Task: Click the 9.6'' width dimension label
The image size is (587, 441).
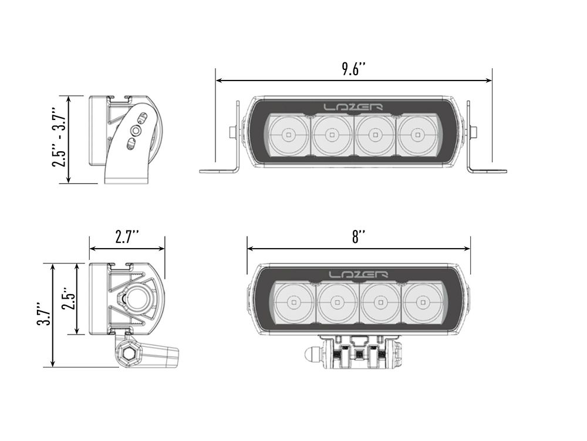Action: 354,68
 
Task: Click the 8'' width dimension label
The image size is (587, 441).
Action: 359,237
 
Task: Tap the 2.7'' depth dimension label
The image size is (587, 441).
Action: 127,238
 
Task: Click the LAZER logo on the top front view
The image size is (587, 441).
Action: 353,107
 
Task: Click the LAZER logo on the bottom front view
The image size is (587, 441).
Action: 358,275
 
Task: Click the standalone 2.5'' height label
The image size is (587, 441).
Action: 69,299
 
